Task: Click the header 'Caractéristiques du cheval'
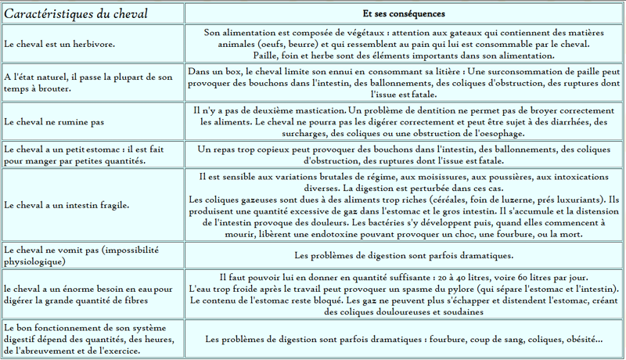76,14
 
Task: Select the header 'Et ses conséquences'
405,14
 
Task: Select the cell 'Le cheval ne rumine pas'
54,122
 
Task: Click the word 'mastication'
315,111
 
